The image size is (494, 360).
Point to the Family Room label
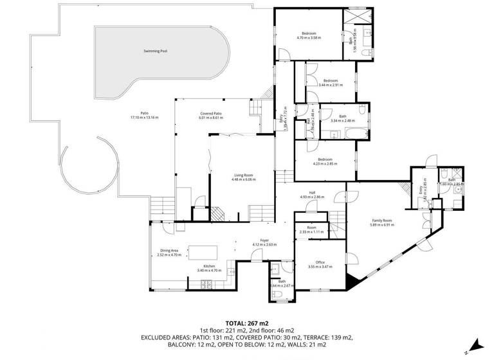[381, 221]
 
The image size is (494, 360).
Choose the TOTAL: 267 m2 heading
[246, 323]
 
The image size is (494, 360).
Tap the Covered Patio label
[210, 114]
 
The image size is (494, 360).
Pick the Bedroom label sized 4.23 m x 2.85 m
[324, 159]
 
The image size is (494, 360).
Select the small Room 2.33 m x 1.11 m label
[312, 228]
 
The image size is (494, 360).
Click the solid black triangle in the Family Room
[351, 280]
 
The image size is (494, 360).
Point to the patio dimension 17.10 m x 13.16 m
[144, 118]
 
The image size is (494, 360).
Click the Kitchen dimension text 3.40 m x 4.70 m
[209, 271]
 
